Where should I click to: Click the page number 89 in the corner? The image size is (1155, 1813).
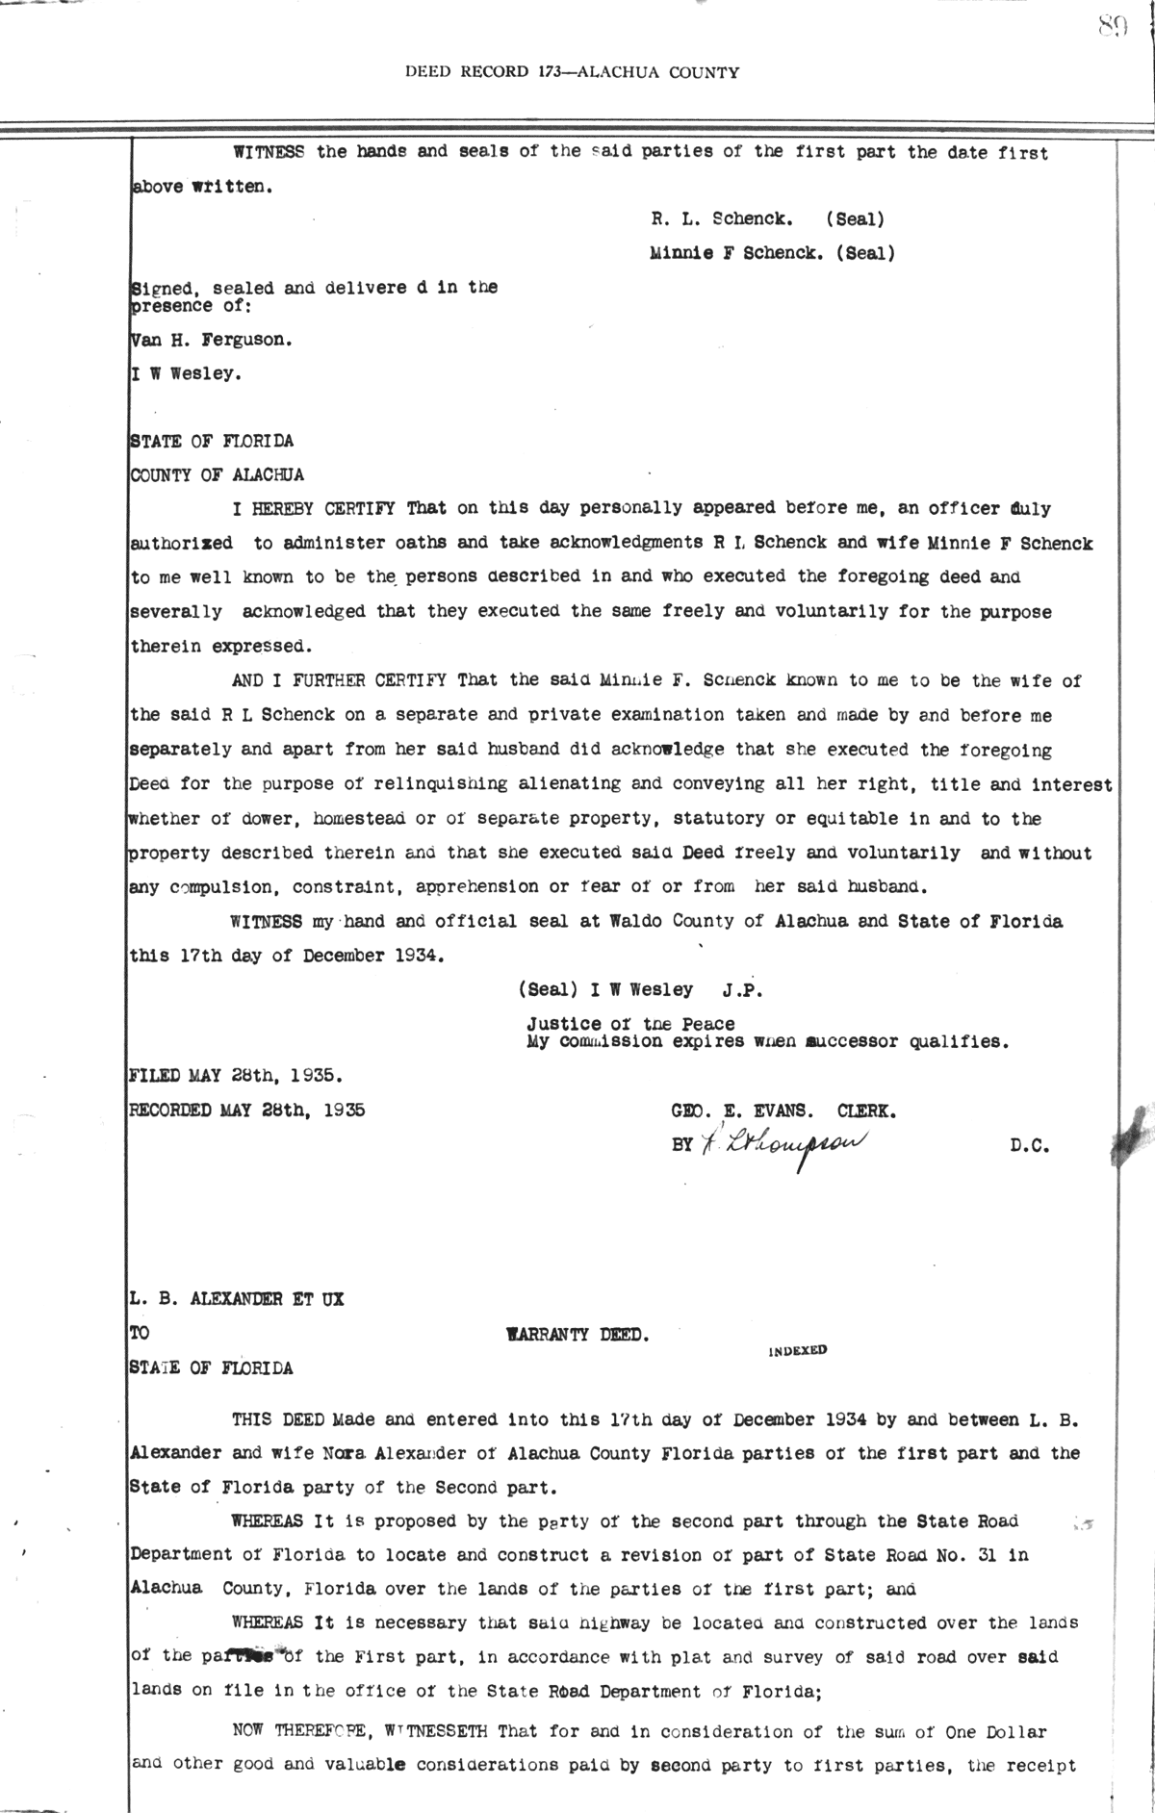1111,28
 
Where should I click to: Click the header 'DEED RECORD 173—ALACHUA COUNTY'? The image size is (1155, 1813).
572,71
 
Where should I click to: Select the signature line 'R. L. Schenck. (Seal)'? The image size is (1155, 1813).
767,218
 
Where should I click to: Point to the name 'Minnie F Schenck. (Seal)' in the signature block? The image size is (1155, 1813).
772,254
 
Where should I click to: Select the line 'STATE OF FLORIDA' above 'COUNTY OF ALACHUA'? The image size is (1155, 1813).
212,442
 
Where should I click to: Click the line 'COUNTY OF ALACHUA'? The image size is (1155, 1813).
217,474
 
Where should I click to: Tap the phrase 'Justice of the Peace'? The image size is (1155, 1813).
629,1024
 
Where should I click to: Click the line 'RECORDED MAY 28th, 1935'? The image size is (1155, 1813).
247,1110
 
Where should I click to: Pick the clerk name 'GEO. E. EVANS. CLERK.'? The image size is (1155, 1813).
783,1111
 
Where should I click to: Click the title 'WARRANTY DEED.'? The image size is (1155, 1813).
577,1335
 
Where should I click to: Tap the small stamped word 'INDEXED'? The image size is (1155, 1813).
798,1350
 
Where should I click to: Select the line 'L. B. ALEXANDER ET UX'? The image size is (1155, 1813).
237,1299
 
